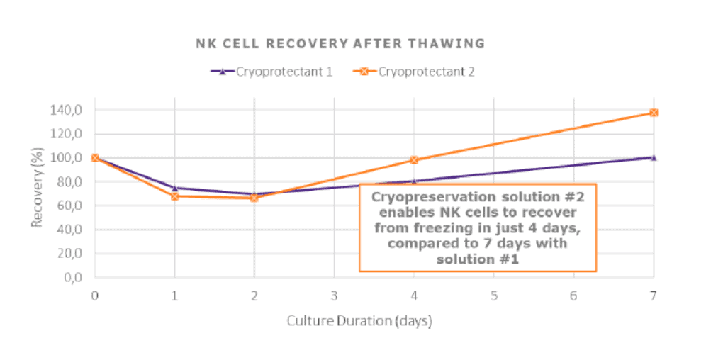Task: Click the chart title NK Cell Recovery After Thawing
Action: tap(340, 43)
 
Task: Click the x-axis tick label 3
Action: tap(334, 294)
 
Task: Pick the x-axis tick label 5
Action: tap(493, 294)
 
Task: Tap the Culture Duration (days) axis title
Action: tap(359, 320)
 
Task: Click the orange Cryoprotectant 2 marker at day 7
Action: tap(654, 113)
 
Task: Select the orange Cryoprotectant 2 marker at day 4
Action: tap(414, 160)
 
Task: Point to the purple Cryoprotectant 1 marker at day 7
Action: tap(654, 157)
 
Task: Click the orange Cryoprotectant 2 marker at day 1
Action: tap(174, 196)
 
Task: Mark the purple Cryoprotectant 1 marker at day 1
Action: tap(174, 188)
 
